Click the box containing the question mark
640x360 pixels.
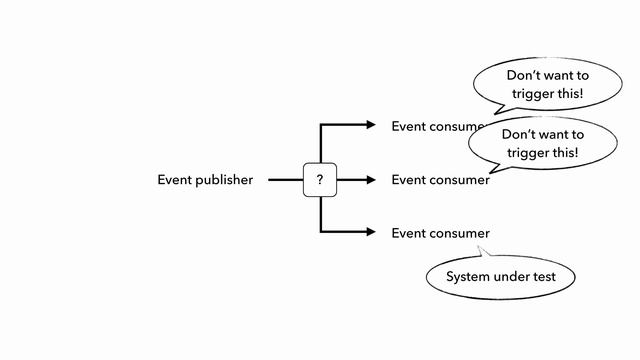pyautogui.click(x=320, y=180)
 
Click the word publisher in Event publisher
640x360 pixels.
pyautogui.click(x=223, y=180)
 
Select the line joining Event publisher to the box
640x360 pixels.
pyautogui.click(x=285, y=180)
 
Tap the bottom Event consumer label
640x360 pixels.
pyautogui.click(x=440, y=233)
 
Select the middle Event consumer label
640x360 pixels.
pyautogui.click(x=440, y=180)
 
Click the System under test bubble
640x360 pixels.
pyautogui.click(x=500, y=277)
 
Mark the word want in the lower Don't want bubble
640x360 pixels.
pyautogui.click(x=562, y=134)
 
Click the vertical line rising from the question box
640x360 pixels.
pyautogui.click(x=320, y=145)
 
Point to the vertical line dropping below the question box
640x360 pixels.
pyautogui.click(x=320, y=215)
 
